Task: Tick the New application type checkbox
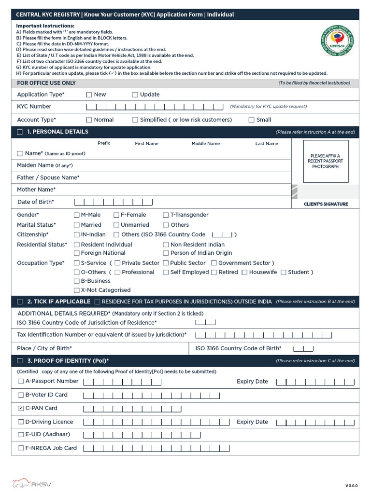click(x=89, y=95)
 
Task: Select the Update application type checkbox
click(x=135, y=95)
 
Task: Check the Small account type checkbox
click(x=251, y=120)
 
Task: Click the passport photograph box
click(x=325, y=161)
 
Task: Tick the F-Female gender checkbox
click(x=116, y=215)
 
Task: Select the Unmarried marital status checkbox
click(x=116, y=225)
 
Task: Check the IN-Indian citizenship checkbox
click(x=77, y=235)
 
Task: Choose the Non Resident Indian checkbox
click(x=166, y=245)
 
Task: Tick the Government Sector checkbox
click(x=213, y=263)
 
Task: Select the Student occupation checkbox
click(x=284, y=273)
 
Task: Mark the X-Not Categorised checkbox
click(x=77, y=290)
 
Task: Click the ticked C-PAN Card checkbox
click(x=21, y=409)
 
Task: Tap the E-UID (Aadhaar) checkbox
click(x=21, y=435)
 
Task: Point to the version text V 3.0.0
click(x=351, y=485)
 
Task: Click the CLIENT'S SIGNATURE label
click(x=326, y=204)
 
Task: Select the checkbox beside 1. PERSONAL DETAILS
click(x=20, y=132)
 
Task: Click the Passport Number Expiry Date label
click(x=252, y=382)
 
